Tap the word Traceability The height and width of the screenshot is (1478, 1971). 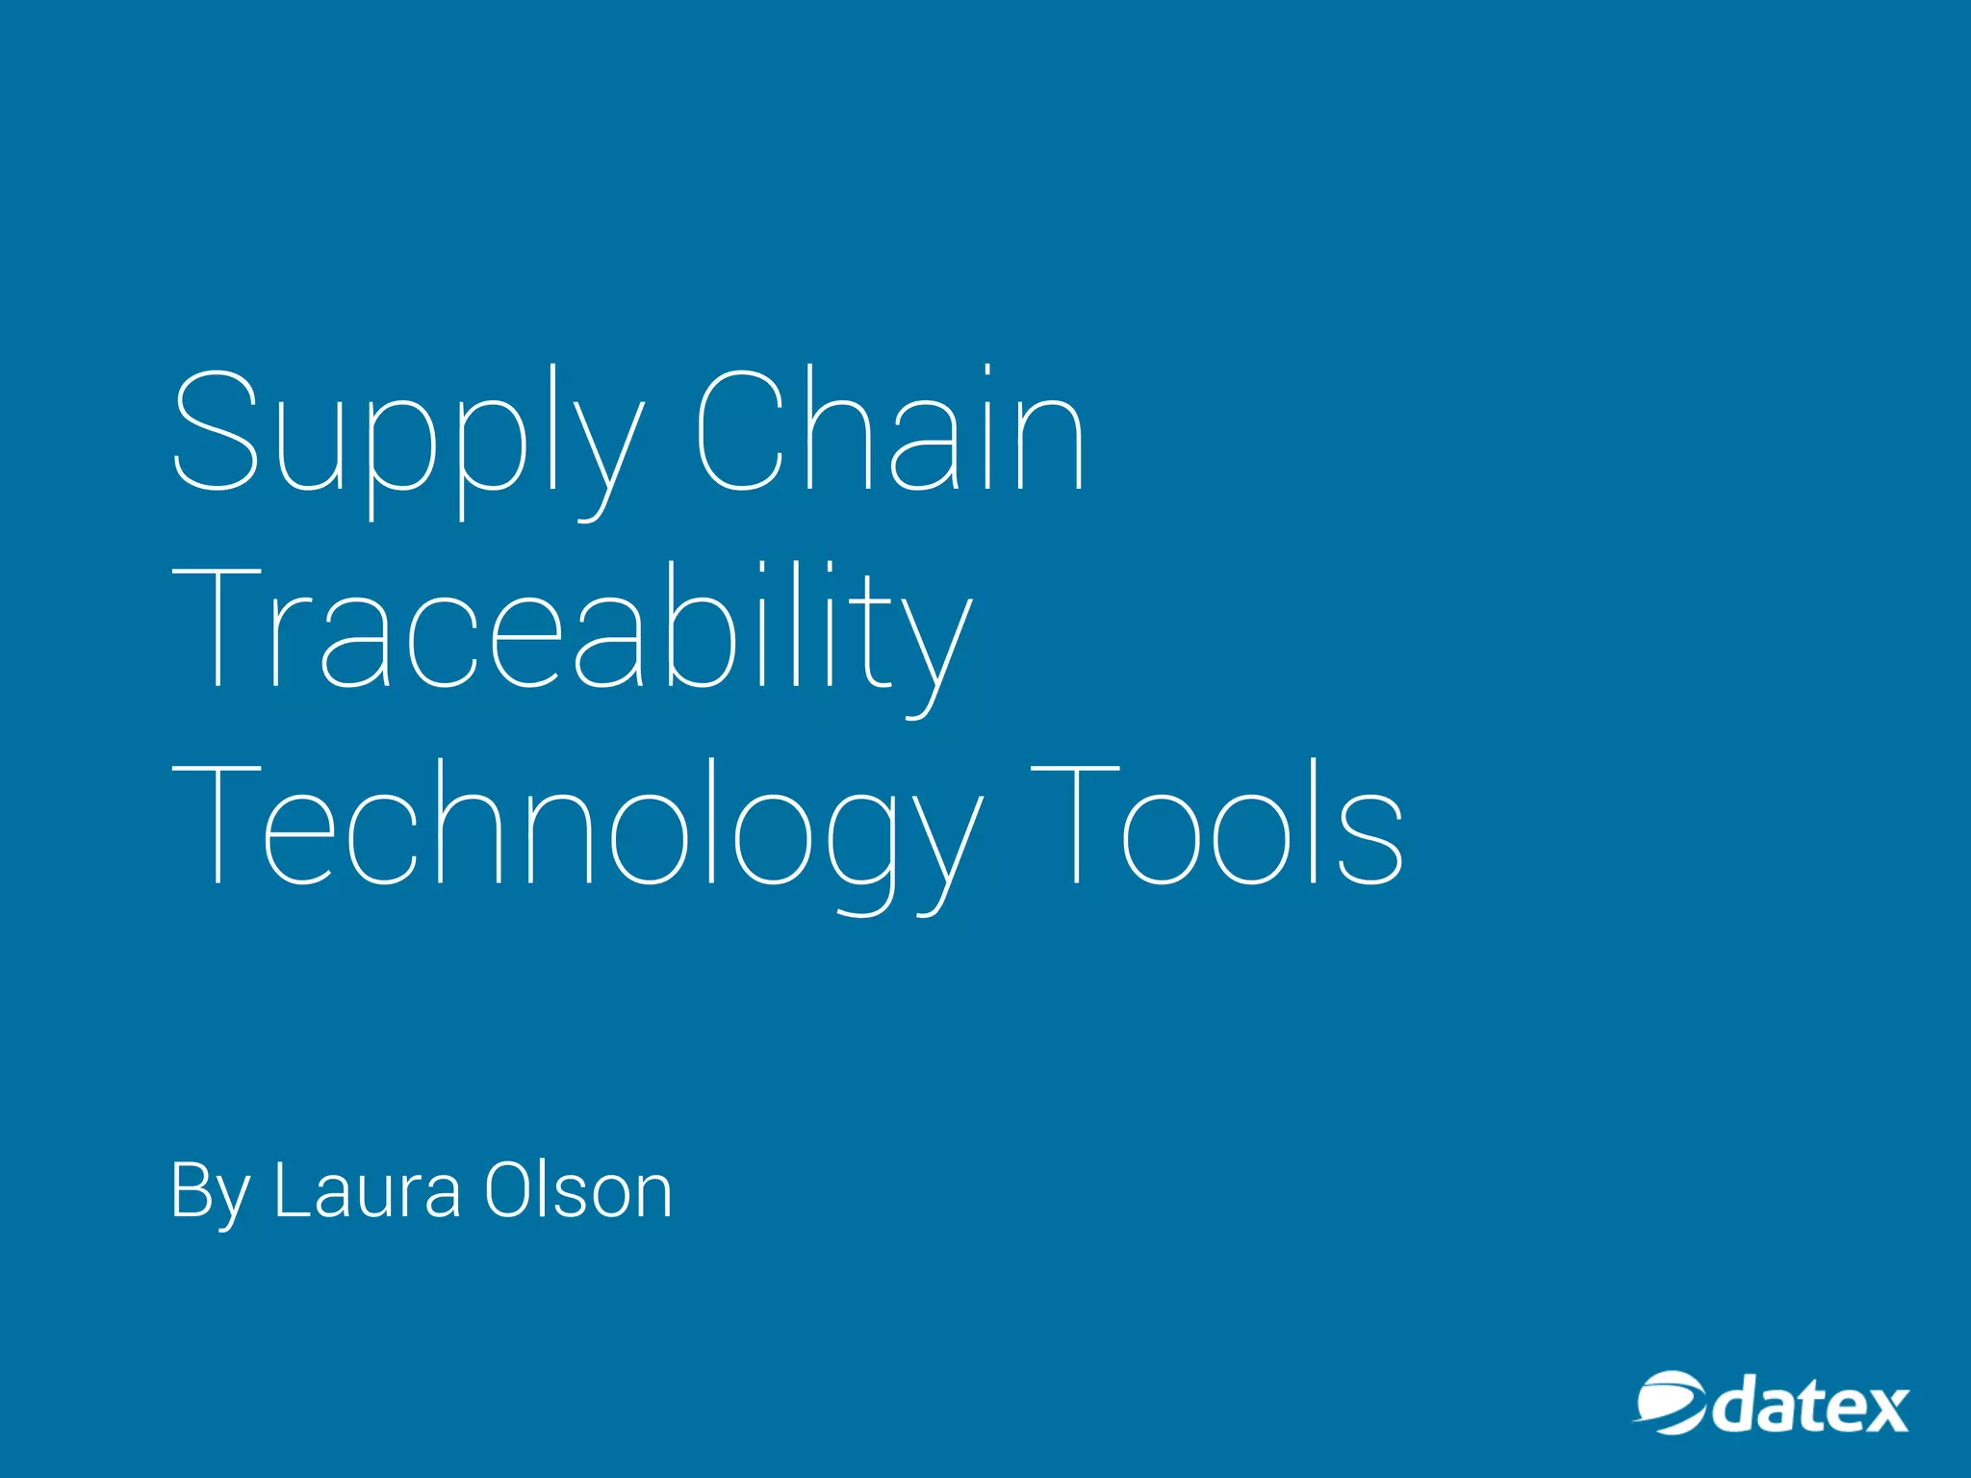pos(572,630)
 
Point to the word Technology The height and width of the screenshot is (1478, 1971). pos(577,828)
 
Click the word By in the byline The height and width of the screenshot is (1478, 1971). pos(210,1193)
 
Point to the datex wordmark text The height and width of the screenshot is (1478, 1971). pos(1809,1409)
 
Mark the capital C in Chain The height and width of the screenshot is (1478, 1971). pos(739,430)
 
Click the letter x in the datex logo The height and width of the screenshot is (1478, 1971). pos(1879,1413)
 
